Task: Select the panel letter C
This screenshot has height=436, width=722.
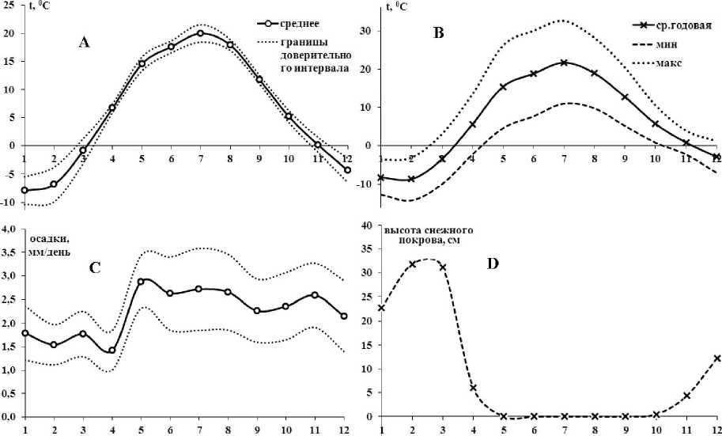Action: coord(94,267)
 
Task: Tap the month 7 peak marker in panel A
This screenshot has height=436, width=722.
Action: coord(201,33)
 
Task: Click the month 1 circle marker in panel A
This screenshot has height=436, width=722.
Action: coord(25,190)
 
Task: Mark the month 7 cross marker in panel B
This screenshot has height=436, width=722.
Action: coord(563,63)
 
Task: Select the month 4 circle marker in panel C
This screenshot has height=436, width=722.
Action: coord(113,350)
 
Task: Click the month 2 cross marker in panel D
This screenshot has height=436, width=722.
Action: coord(411,264)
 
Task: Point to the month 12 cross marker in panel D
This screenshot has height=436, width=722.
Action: coord(716,358)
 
